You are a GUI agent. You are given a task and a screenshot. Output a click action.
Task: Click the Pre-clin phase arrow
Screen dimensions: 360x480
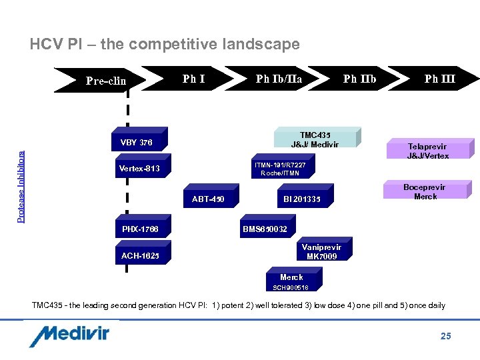pos(100,80)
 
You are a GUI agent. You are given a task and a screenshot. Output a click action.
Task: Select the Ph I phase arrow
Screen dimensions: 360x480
pos(193,80)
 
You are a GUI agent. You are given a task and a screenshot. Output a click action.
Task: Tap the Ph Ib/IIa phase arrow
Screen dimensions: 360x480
pos(279,80)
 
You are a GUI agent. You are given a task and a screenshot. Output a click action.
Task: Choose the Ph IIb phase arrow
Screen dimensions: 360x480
pos(359,80)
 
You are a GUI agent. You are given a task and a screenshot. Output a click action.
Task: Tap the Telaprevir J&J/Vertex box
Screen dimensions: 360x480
pos(427,151)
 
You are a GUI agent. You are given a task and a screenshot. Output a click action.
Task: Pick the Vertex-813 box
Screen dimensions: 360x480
pos(139,169)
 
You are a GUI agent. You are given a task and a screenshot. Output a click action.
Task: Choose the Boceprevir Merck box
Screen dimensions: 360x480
pos(425,191)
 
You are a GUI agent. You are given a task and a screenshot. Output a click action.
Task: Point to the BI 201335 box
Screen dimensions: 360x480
pos(301,199)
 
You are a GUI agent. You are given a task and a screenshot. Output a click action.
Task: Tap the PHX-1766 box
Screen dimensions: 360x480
pos(140,230)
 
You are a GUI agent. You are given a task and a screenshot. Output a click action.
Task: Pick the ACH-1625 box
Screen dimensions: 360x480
pos(140,256)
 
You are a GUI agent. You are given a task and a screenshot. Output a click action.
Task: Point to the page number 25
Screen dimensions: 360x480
pos(445,336)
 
